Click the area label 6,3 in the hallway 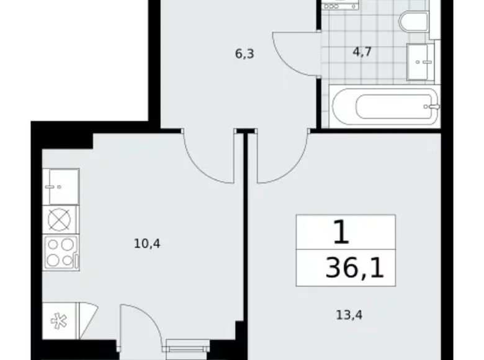tap(244, 54)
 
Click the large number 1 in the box tap(340, 234)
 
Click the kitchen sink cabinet tap(61, 186)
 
